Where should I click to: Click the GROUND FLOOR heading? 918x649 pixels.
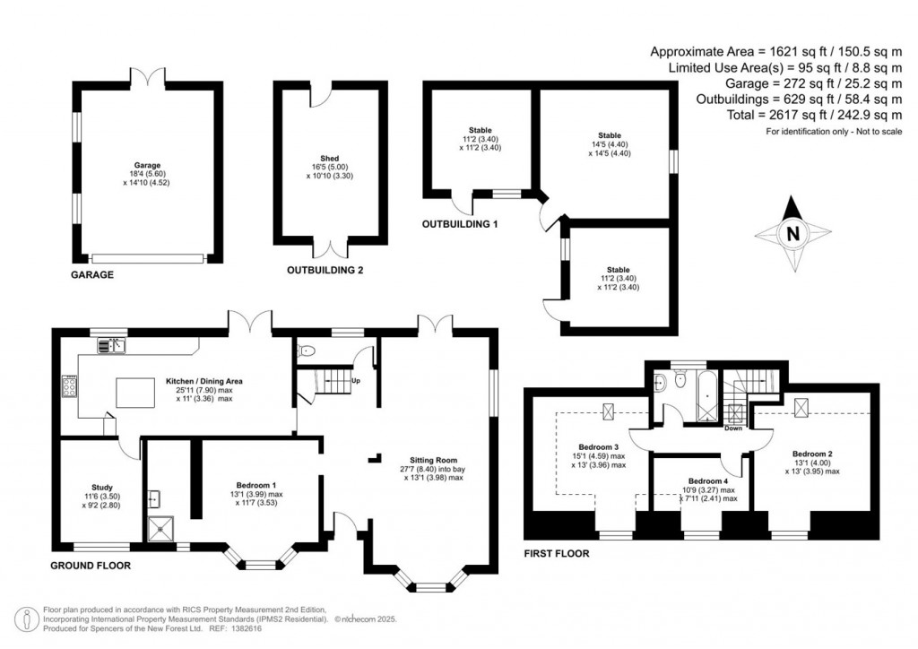point(91,566)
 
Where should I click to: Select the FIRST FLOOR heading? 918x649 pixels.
point(557,554)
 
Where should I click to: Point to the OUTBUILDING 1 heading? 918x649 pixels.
point(460,223)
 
